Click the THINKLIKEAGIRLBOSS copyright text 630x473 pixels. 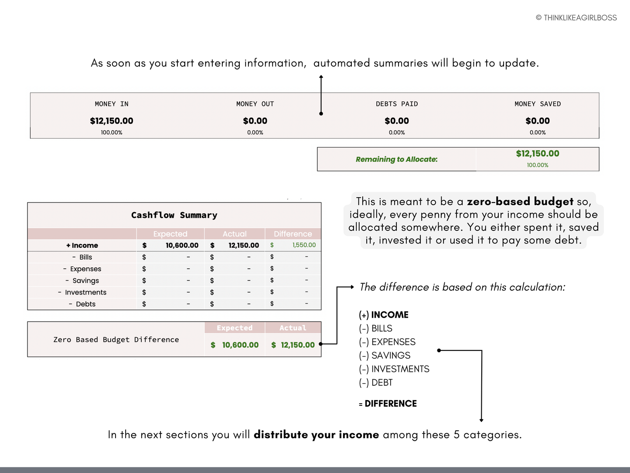[x=576, y=18]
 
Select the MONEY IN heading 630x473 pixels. [x=112, y=104]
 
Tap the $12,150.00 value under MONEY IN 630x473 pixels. [x=112, y=121]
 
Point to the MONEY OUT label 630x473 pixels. [x=255, y=104]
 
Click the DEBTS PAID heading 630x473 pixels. [x=397, y=104]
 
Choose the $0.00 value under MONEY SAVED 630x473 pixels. [x=538, y=121]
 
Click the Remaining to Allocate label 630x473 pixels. [x=397, y=159]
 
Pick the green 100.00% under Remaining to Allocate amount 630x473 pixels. [x=538, y=165]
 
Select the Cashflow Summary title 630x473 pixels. [x=174, y=215]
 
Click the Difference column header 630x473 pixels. [x=293, y=234]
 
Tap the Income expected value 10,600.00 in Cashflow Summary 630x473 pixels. [x=182, y=245]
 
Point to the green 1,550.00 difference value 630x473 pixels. [x=304, y=245]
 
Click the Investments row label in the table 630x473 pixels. [x=85, y=292]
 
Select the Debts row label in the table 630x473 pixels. [x=85, y=304]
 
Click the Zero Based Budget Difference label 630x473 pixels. [x=116, y=339]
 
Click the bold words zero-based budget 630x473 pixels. [x=520, y=202]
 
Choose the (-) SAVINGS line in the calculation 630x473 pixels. [x=385, y=356]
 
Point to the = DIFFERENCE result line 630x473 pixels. [x=388, y=404]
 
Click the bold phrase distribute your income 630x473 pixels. [x=316, y=435]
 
